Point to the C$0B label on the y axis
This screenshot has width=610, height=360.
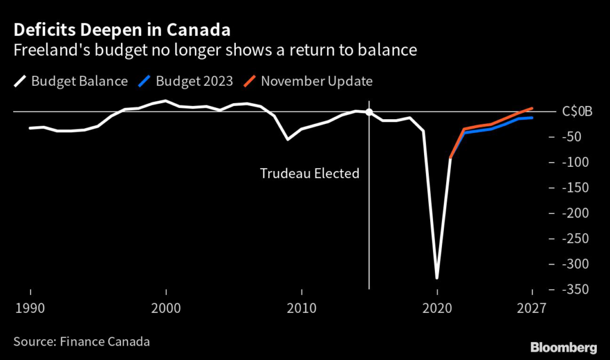click(x=577, y=111)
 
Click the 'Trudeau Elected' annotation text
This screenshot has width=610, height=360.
click(x=310, y=174)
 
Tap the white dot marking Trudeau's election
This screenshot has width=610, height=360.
click(x=369, y=112)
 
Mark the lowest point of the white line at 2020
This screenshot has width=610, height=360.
click(x=437, y=278)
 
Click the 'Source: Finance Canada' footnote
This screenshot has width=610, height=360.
click(x=81, y=342)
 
